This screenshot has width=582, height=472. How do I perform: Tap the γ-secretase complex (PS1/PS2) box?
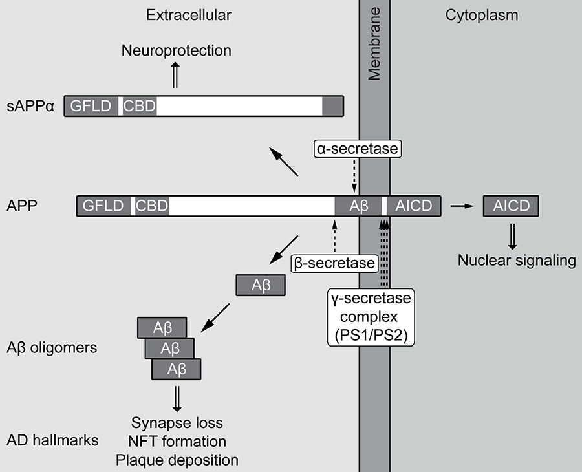click(x=371, y=317)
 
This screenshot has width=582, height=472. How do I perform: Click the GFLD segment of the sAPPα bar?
click(x=91, y=106)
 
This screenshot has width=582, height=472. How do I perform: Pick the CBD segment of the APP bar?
click(x=152, y=206)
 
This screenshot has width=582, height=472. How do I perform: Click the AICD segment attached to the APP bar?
click(x=415, y=206)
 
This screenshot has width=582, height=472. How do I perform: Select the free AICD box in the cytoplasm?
click(x=511, y=206)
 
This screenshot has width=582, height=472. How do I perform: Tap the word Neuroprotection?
click(x=177, y=50)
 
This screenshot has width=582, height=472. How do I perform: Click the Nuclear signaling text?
click(x=517, y=261)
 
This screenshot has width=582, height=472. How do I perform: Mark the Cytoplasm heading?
click(x=477, y=15)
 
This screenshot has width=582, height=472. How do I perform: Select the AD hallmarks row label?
click(x=53, y=441)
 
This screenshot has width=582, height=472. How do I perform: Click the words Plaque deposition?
click(x=177, y=460)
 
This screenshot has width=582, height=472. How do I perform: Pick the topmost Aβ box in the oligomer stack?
click(x=162, y=327)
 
